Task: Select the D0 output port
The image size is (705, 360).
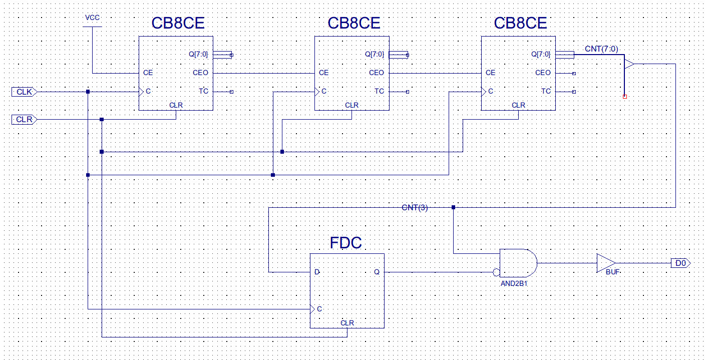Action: click(680, 263)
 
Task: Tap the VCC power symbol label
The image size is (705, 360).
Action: click(93, 18)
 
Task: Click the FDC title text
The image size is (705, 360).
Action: click(345, 243)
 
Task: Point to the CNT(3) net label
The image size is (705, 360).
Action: click(415, 208)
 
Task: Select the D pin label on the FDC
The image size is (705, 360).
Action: click(316, 272)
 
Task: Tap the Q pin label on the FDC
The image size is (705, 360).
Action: click(377, 272)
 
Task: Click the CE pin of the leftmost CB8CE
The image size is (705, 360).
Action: click(148, 73)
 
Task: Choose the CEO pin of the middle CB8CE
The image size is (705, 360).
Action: click(376, 73)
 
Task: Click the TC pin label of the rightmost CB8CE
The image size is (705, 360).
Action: click(546, 91)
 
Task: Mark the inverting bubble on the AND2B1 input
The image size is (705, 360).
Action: click(496, 272)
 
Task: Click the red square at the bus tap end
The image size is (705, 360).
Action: click(624, 97)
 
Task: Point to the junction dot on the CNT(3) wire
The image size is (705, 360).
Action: click(453, 207)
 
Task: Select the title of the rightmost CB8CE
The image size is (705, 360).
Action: click(520, 24)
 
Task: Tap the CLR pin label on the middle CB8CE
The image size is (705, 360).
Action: click(351, 105)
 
